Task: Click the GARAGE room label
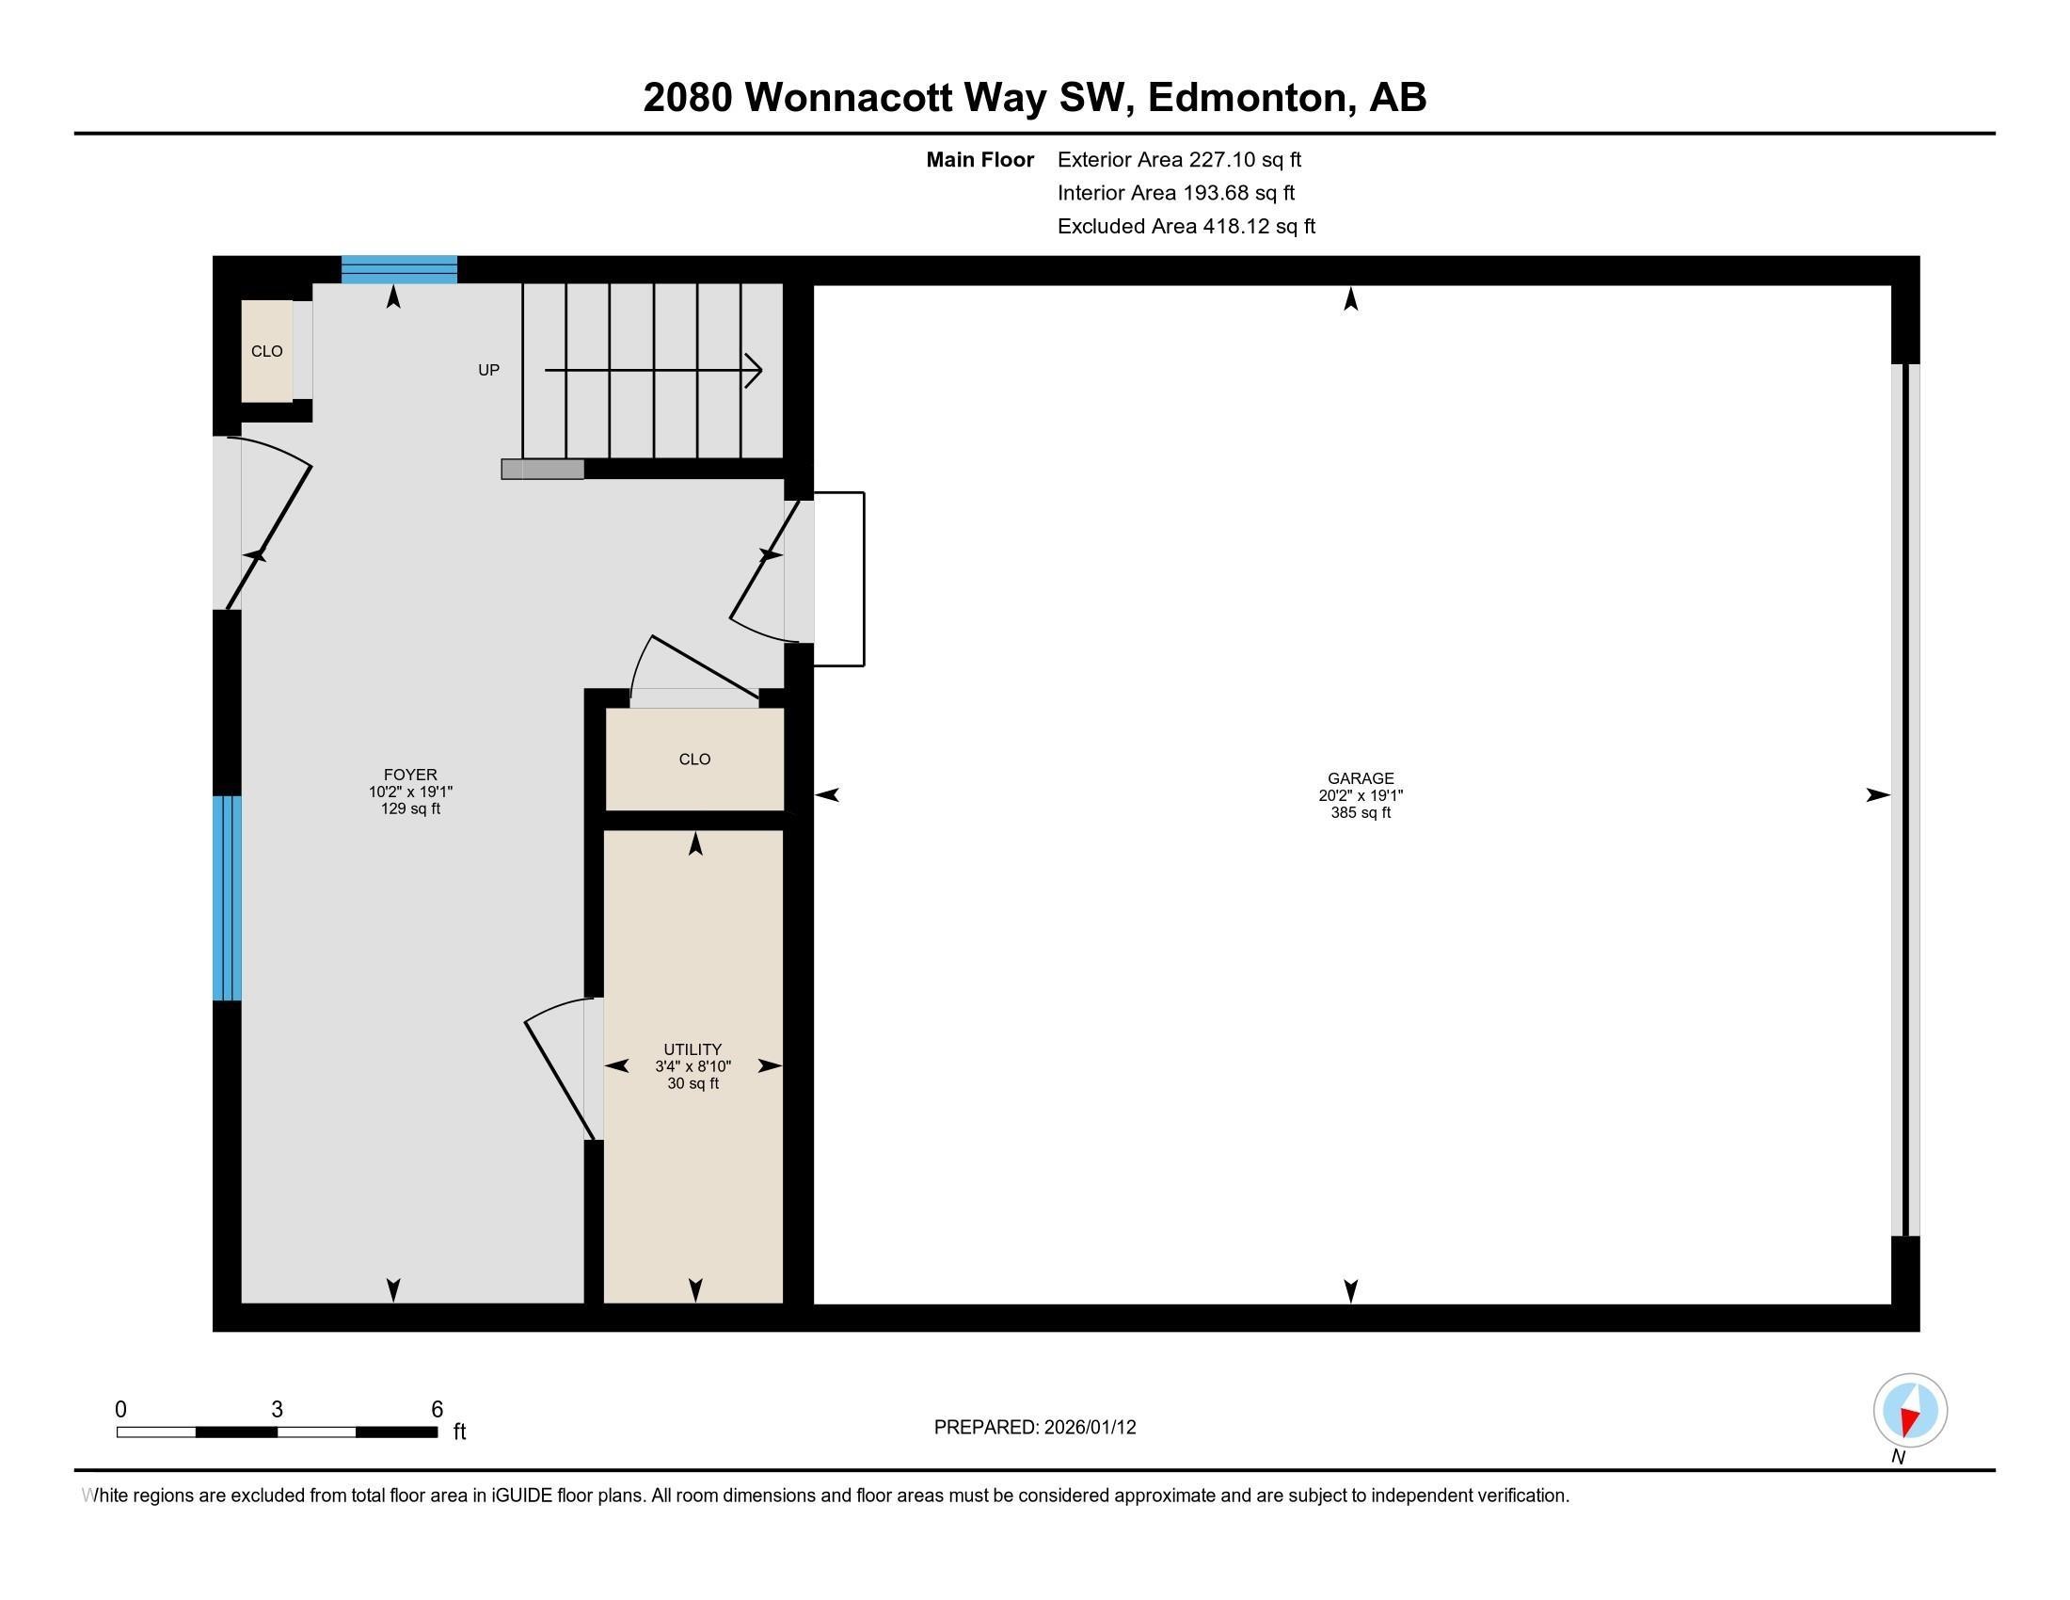click(1361, 778)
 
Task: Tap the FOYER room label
click(410, 775)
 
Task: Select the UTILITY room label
click(693, 1049)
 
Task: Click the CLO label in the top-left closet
click(267, 352)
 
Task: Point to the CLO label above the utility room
click(694, 760)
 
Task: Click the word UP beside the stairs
click(488, 371)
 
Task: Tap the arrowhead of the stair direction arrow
click(755, 371)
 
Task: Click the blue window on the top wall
click(399, 269)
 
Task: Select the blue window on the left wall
click(227, 898)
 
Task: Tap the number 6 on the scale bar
click(437, 1410)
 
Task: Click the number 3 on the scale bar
click(277, 1410)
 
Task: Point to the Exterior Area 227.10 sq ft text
click(1180, 160)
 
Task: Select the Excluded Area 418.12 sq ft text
click(1186, 227)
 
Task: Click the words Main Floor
click(980, 160)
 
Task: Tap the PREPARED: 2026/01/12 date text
click(1035, 1428)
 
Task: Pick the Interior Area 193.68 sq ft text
click(1176, 193)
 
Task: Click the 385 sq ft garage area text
click(1361, 812)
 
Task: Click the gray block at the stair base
click(542, 470)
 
